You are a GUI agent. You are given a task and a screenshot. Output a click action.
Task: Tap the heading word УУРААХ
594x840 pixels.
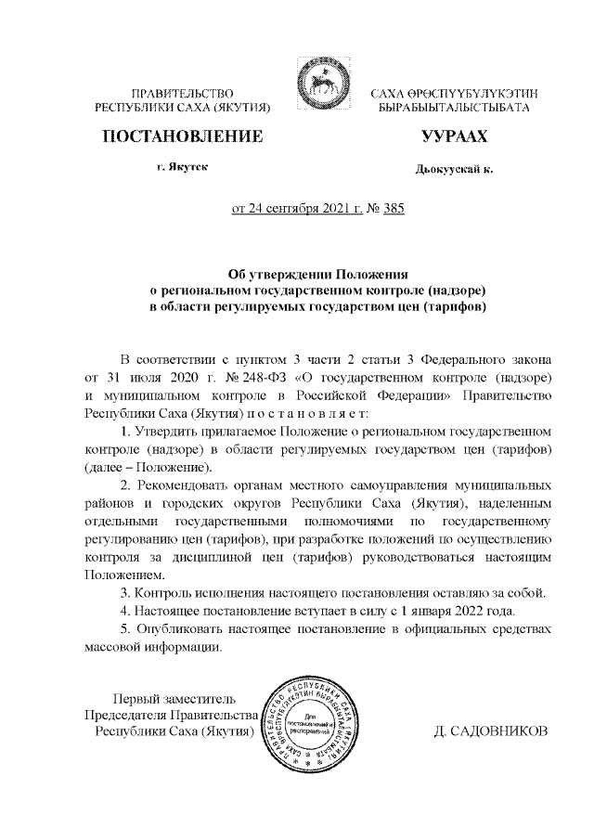pyautogui.click(x=454, y=137)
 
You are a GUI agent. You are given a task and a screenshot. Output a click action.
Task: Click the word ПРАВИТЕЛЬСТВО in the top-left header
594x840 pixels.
pyautogui.click(x=182, y=93)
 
